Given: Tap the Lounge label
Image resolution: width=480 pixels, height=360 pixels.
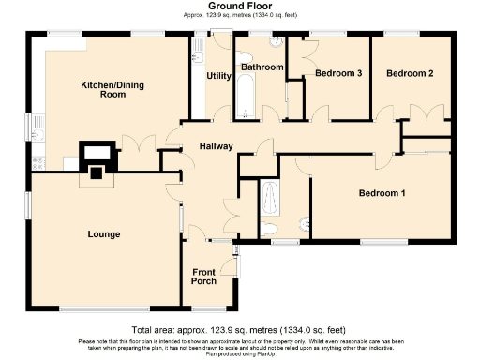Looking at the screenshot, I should click(103, 233).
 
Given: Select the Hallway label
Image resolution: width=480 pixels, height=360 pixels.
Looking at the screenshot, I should click(215, 146).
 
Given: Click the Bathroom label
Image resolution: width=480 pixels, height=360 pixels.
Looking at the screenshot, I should click(262, 67).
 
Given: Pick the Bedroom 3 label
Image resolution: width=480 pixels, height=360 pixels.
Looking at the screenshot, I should click(338, 73).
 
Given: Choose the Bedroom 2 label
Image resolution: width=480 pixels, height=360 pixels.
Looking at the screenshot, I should click(410, 73).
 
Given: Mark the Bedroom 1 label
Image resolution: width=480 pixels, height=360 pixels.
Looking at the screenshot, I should click(382, 193).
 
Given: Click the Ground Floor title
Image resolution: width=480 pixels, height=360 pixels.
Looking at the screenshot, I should click(239, 6).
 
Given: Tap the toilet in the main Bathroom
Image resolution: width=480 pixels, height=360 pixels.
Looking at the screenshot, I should click(276, 44).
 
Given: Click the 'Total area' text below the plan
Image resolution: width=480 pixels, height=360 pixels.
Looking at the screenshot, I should click(239, 331).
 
